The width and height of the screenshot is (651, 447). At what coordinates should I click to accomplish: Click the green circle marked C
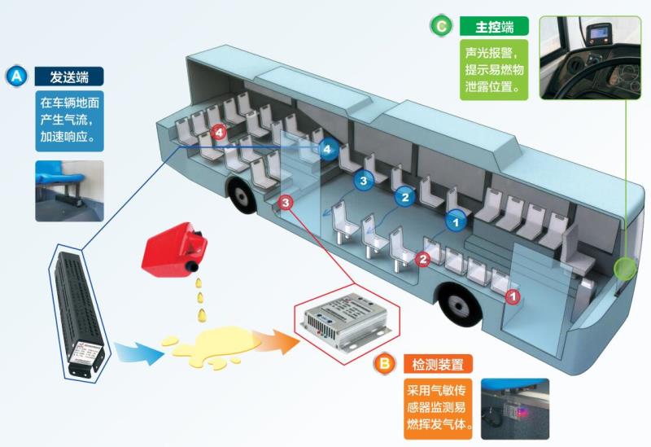440,27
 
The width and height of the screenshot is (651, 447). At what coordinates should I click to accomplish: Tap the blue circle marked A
16,77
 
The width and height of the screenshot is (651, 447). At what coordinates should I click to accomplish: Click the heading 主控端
495,27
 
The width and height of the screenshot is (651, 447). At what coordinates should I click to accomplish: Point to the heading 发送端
68,77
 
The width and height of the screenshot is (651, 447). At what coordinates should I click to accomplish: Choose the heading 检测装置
438,364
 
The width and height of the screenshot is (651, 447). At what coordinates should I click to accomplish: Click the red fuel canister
173,249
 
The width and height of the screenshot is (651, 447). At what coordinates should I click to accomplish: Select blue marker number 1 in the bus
457,219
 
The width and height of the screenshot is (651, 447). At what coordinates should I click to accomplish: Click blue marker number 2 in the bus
404,196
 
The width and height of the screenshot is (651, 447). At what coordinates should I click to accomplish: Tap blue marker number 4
327,148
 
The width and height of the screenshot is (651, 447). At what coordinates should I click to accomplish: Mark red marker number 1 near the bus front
513,297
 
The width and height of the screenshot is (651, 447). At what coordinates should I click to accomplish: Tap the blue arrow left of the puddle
135,352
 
